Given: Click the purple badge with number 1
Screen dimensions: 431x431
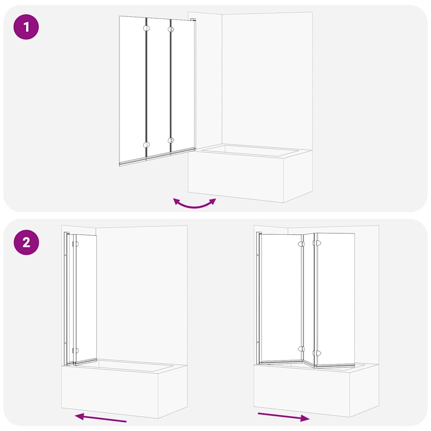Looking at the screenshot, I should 26,27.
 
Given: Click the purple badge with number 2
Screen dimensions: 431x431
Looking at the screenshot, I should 26,242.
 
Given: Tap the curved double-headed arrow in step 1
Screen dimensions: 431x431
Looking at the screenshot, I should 194,204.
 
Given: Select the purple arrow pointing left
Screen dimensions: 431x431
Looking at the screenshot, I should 101,418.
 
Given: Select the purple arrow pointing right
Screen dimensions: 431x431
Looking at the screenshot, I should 283,417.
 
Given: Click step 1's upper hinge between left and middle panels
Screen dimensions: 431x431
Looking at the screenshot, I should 146,29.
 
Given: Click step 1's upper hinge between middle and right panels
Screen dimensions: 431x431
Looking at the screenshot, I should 170,29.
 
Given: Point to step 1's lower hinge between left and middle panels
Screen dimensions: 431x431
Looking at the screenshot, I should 146,145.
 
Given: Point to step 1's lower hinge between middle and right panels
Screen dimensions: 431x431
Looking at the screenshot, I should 170,141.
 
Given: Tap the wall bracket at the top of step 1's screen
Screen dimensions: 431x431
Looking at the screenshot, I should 193,20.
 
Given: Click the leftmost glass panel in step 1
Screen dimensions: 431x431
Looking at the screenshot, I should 133,88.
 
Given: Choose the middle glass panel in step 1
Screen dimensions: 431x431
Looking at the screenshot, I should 159,86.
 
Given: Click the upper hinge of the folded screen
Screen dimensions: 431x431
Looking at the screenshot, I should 75,244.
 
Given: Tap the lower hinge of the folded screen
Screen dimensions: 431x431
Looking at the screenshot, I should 75,350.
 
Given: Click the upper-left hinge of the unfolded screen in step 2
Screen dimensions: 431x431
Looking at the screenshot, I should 301,244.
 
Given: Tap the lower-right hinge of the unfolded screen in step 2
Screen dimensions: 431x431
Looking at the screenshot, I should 317,353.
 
